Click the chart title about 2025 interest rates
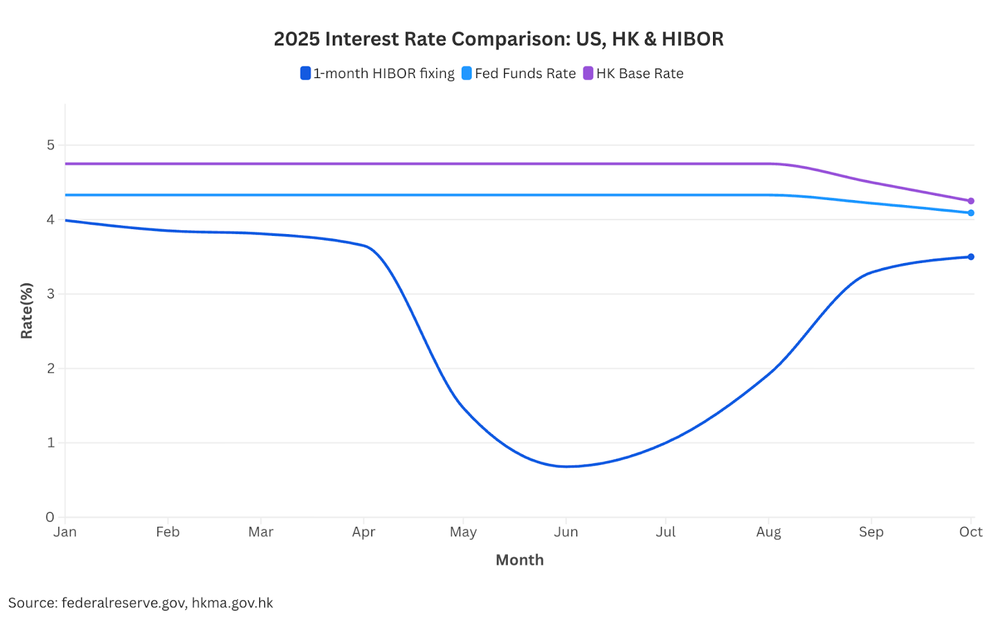[x=498, y=39]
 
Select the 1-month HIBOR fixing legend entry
[x=378, y=74]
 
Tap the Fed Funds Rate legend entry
[x=519, y=74]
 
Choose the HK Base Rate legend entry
[x=634, y=74]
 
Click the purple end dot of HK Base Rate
[x=970, y=201]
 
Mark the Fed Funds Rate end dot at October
[x=970, y=213]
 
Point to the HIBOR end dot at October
[x=970, y=257]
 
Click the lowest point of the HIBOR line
[x=566, y=466]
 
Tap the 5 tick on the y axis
[x=50, y=145]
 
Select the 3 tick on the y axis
[x=50, y=294]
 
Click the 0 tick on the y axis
[x=50, y=517]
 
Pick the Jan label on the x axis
[x=65, y=532]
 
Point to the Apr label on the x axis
[x=364, y=532]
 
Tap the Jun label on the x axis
[x=566, y=532]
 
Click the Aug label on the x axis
[x=768, y=532]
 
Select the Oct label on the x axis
[x=970, y=532]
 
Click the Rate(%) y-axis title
[x=26, y=311]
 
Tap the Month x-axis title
[x=519, y=560]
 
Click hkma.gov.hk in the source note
[x=232, y=603]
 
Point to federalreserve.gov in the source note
[x=123, y=603]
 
